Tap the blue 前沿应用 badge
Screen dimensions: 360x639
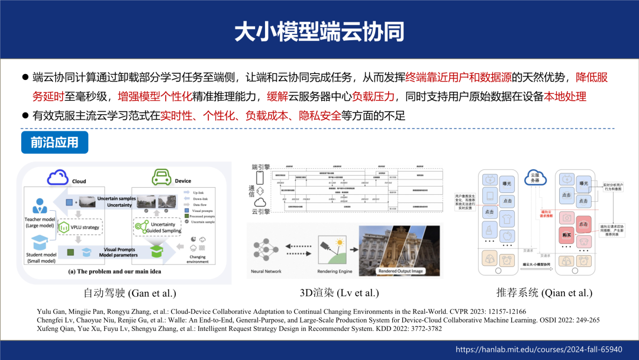[x=54, y=143]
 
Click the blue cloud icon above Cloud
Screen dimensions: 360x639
[x=58, y=176]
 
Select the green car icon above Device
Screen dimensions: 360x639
[x=162, y=176]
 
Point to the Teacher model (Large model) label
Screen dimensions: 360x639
[x=40, y=222]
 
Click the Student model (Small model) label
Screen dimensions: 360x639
[x=40, y=258]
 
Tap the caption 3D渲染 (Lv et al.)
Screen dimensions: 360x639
[x=339, y=292]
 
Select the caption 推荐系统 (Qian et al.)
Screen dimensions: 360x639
[x=544, y=292]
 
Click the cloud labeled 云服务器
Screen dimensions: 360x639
[x=534, y=176]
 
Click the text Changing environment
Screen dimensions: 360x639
[x=198, y=259]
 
